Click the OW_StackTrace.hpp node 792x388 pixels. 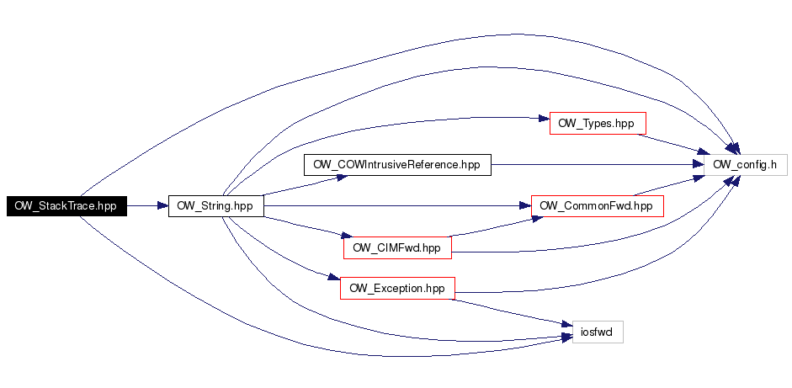pos(66,206)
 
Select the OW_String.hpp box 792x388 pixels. pos(215,206)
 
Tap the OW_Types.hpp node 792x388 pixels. pos(598,123)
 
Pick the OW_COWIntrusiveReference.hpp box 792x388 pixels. pos(397,165)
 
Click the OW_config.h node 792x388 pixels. pos(746,165)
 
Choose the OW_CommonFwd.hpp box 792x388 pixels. pos(597,206)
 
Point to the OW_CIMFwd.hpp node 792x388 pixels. pos(397,247)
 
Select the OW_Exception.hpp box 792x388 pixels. pos(397,289)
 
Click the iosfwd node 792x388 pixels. pos(598,332)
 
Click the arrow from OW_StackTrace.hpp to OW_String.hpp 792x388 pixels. pos(147,206)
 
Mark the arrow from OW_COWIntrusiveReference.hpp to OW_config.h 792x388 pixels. pos(598,165)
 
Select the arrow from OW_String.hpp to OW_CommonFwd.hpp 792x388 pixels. pos(397,206)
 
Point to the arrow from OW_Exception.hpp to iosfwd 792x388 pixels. pos(512,311)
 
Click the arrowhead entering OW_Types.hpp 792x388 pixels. pos(544,119)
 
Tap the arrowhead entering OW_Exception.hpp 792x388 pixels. pos(334,278)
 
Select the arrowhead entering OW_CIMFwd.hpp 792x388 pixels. pos(346,236)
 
